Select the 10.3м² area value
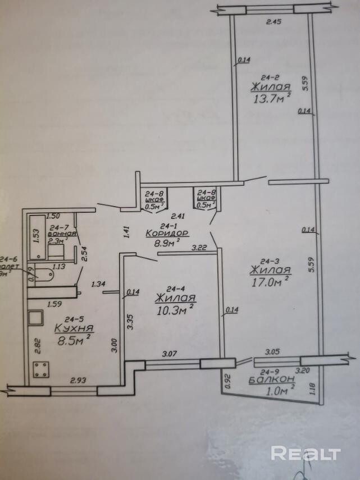pyautogui.click(x=175, y=309)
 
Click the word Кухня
pyautogui.click(x=74, y=328)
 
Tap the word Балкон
pyautogui.click(x=272, y=380)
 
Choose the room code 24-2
pyautogui.click(x=270, y=78)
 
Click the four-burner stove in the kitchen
pyautogui.click(x=41, y=371)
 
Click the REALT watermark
pyautogui.click(x=306, y=452)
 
